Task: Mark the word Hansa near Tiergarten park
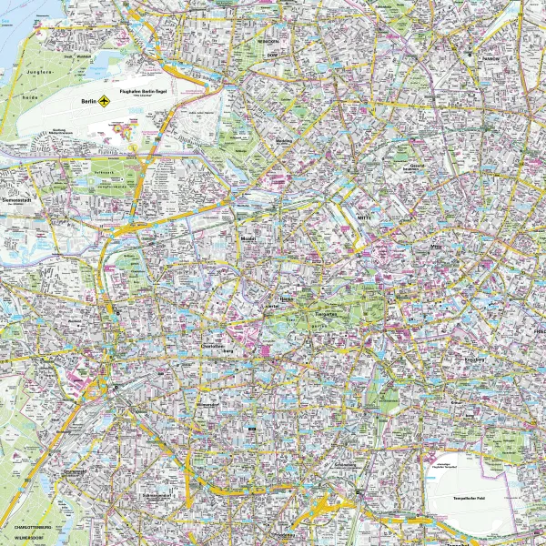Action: coord(285,298)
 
